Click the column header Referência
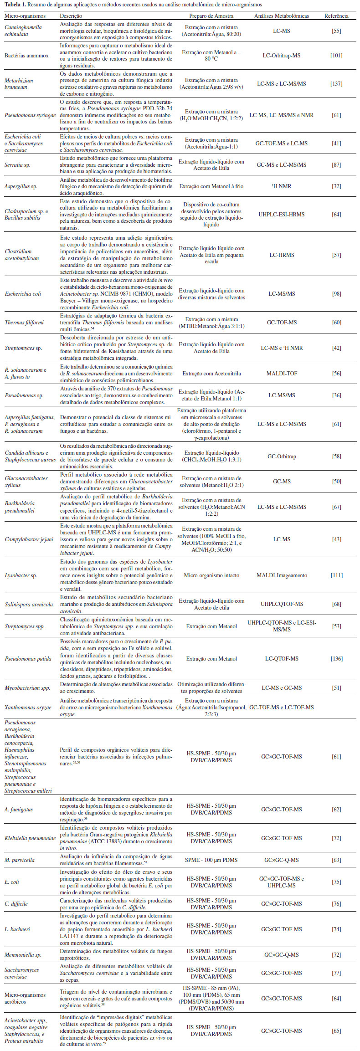[336, 16]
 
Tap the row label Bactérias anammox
[26, 56]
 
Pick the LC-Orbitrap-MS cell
[281, 56]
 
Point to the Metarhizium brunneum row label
[19, 84]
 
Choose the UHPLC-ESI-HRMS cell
[281, 215]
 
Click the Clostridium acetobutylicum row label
[21, 255]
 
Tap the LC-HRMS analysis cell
[281, 255]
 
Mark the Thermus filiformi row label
[24, 323]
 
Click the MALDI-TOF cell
[281, 374]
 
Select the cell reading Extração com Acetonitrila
[211, 374]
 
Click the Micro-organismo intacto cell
[211, 575]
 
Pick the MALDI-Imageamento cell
[281, 575]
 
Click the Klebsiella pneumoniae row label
[30, 838]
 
